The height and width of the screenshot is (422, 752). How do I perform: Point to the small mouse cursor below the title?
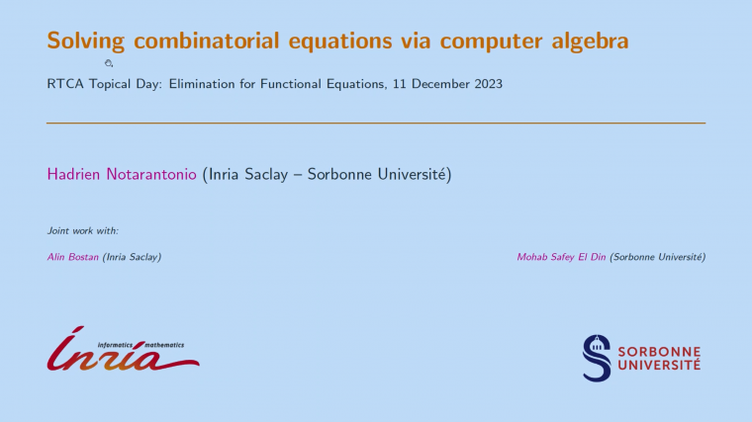click(109, 63)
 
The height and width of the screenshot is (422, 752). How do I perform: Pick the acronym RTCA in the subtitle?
click(63, 84)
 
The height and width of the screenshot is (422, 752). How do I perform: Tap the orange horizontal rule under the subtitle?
click(376, 123)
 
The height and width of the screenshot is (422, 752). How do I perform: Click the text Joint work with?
click(82, 230)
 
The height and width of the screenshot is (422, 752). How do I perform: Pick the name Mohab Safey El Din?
click(562, 257)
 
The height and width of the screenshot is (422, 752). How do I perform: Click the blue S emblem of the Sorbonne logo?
click(597, 358)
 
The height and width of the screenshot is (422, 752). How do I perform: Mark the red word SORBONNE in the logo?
click(658, 351)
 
